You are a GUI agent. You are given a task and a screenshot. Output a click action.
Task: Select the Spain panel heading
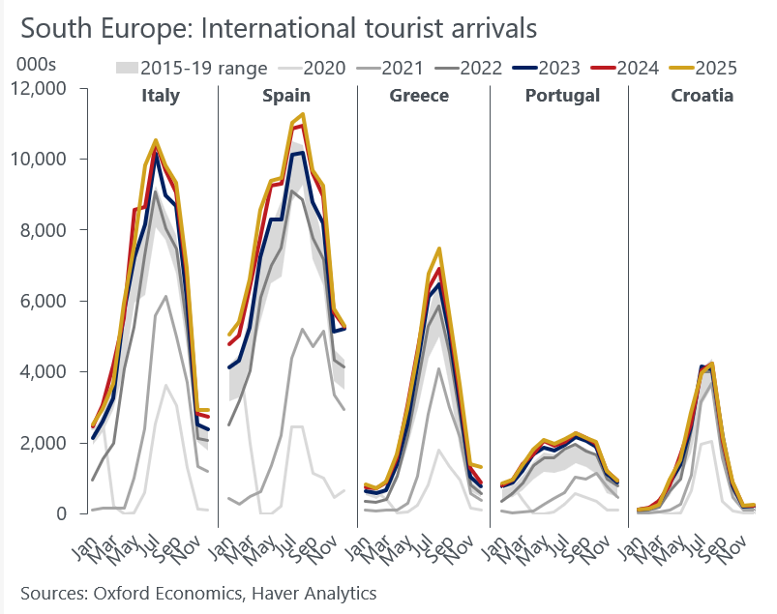(286, 96)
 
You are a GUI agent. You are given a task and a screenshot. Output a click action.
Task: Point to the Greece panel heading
(419, 96)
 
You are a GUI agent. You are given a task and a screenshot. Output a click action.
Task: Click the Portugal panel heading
(562, 96)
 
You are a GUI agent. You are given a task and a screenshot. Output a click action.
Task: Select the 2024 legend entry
(636, 68)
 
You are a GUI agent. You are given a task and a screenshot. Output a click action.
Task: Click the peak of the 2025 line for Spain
(304, 114)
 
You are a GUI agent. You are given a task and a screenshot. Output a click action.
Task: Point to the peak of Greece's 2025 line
(439, 249)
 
